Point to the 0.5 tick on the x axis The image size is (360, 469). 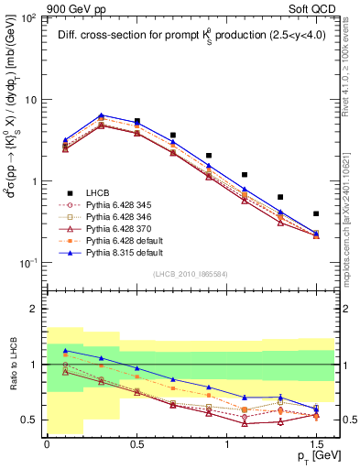tap(136, 442)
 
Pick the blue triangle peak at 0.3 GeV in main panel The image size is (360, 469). tap(101, 115)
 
